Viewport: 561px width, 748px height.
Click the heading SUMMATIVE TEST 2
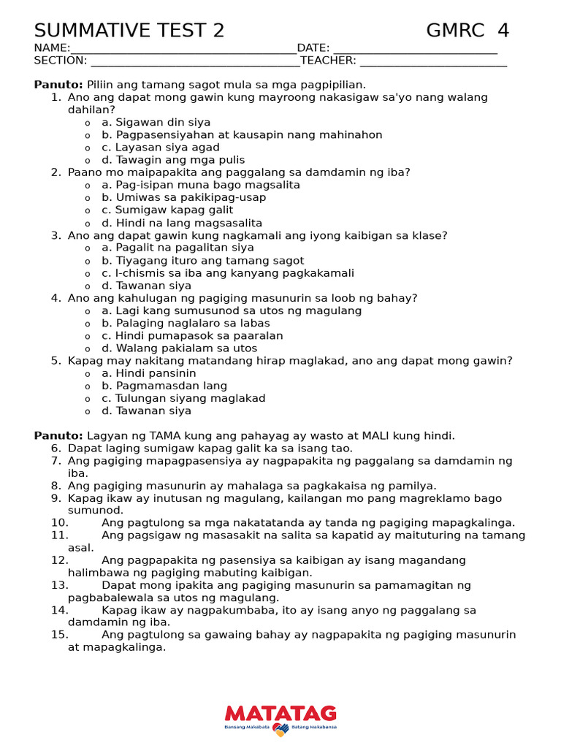[x=129, y=31]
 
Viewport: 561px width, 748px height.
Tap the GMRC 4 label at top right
[x=467, y=31]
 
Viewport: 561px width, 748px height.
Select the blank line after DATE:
[x=415, y=49]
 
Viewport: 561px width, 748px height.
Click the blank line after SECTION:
[x=194, y=61]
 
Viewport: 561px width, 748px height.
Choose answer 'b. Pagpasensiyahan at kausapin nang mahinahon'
[x=242, y=135]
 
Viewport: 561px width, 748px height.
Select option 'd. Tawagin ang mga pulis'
[x=173, y=160]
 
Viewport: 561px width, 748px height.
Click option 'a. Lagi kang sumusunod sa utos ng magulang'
[x=232, y=311]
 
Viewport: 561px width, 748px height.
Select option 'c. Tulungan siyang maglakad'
[x=183, y=399]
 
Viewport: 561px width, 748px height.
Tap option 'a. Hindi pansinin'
[x=149, y=373]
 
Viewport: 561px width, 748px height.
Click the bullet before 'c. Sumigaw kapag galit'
[x=88, y=211]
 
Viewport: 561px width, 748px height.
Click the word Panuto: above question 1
[x=58, y=85]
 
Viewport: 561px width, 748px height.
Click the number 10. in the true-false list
[x=59, y=523]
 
